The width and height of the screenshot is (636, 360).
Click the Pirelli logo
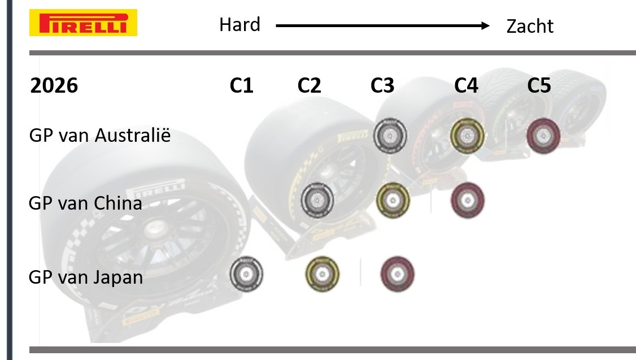point(83,23)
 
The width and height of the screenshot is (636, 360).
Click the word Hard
point(239,25)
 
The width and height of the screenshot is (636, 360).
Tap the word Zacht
point(530,26)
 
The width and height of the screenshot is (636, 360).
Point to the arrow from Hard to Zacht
point(382,25)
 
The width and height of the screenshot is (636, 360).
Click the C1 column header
point(241,85)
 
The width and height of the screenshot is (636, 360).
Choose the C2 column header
point(309,85)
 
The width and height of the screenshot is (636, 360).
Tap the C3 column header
point(382,85)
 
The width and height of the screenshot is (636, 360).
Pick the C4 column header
point(466,85)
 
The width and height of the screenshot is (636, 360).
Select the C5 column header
point(539,85)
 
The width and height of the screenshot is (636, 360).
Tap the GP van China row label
point(85,203)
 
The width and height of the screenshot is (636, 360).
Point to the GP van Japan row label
point(86,277)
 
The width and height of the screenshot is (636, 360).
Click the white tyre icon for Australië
point(390,136)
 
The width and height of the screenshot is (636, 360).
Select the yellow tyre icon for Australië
point(467,136)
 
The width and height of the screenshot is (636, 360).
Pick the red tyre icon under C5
point(543,136)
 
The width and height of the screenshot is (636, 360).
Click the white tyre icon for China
point(317,199)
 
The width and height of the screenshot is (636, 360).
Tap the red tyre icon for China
point(468,201)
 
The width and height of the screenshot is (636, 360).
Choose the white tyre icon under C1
point(246,275)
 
